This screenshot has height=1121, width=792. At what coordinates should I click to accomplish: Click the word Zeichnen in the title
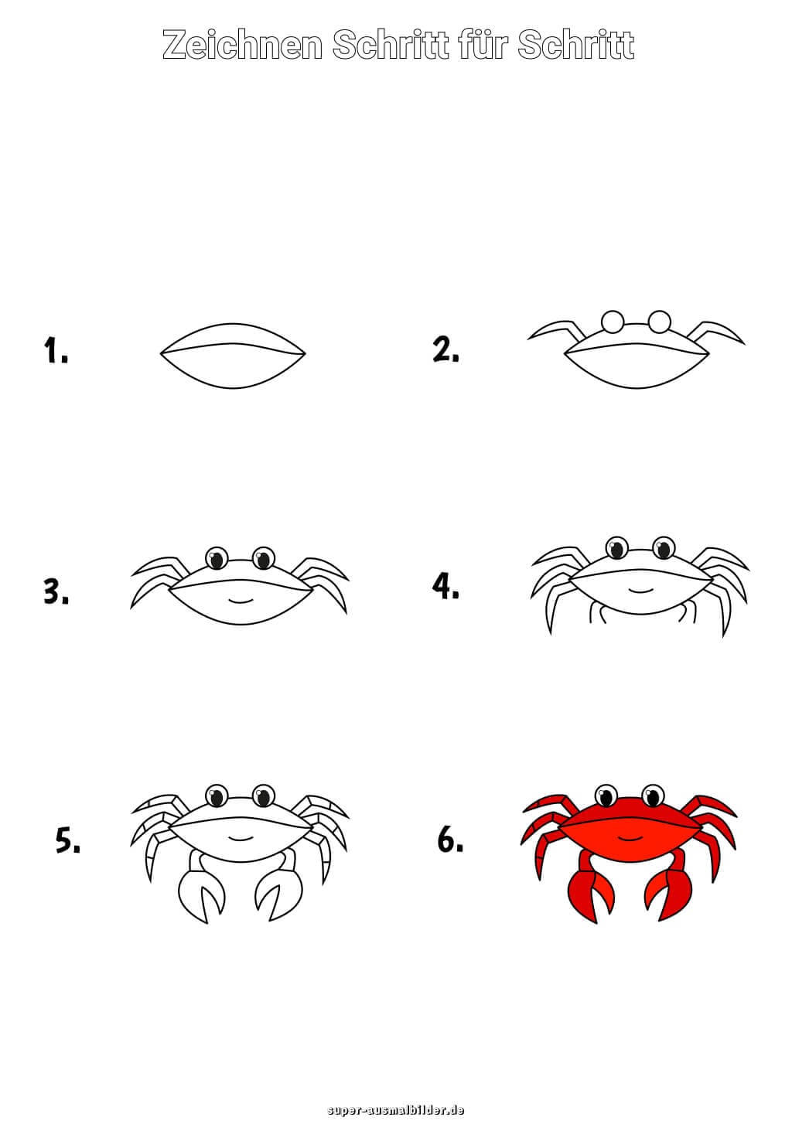(242, 45)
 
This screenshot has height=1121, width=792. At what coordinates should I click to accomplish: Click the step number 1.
(56, 349)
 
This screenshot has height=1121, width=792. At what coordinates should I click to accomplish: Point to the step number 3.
(56, 591)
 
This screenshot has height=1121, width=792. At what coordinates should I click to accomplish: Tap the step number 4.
(445, 586)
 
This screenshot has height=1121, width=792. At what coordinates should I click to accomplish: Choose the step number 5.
(67, 840)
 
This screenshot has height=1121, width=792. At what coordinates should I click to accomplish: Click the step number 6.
(450, 840)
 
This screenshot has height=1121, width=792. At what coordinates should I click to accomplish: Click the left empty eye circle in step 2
(613, 322)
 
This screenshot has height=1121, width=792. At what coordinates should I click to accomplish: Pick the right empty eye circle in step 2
(659, 322)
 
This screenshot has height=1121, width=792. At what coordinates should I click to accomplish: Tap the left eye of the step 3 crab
(217, 558)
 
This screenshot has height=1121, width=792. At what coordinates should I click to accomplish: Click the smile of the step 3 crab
(240, 600)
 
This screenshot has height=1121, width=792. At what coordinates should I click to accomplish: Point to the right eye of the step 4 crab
(664, 548)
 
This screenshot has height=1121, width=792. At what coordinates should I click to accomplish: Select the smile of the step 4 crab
(640, 591)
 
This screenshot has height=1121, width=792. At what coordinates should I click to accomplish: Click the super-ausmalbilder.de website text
(395, 1110)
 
